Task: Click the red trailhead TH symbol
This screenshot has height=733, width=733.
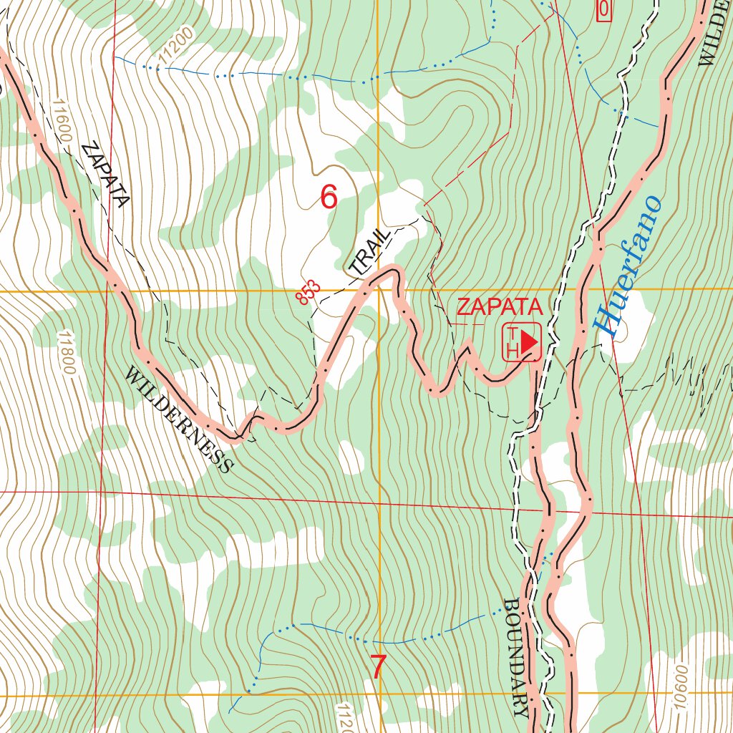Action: pos(521,342)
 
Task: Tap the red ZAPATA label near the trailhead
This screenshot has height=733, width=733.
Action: pos(500,307)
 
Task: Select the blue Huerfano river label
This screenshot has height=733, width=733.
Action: pos(628,266)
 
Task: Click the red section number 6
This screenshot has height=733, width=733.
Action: pos(329,197)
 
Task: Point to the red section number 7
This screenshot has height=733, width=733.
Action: pos(378,667)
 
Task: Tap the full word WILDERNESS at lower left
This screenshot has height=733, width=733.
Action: pos(179,419)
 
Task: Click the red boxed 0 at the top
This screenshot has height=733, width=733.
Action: pos(603,9)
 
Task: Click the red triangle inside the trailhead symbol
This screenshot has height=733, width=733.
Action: pos(528,341)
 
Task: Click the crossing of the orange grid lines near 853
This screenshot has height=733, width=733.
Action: pos(379,291)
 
